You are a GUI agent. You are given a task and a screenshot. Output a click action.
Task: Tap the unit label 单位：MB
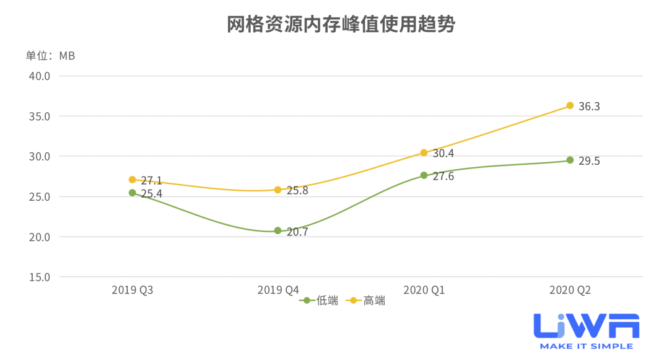click(50, 56)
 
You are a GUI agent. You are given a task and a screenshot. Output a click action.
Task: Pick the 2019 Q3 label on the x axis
click(132, 289)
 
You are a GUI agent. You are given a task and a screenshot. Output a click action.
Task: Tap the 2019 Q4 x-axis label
click(278, 289)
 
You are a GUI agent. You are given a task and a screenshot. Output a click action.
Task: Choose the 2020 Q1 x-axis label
click(424, 289)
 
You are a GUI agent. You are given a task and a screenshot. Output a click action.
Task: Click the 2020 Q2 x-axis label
click(570, 289)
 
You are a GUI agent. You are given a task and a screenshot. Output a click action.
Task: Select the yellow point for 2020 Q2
click(570, 106)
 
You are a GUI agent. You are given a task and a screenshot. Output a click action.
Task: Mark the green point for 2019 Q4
click(278, 230)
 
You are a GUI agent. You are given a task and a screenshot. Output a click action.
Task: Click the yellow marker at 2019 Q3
click(132, 180)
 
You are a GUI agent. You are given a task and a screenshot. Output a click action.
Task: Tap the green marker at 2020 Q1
click(424, 175)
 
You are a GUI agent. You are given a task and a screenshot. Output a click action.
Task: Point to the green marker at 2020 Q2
click(570, 160)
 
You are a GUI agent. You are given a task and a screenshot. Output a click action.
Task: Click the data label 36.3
click(589, 107)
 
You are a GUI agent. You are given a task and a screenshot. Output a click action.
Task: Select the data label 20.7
click(297, 232)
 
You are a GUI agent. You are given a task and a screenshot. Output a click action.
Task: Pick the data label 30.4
click(443, 154)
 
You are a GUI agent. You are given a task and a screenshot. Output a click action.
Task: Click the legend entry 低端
click(320, 301)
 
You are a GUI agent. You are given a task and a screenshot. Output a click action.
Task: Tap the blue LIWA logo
click(586, 330)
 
